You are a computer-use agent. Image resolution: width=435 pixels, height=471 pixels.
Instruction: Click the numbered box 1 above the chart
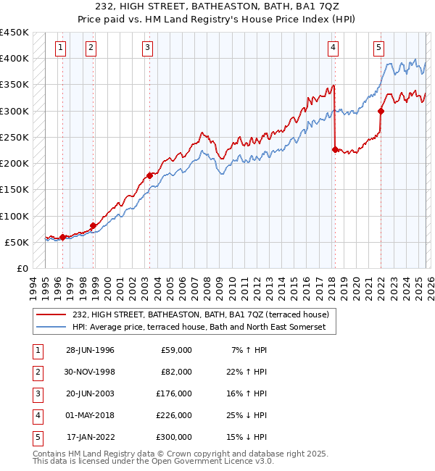[x=59, y=49]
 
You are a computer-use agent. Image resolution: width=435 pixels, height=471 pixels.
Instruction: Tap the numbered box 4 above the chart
[x=333, y=49]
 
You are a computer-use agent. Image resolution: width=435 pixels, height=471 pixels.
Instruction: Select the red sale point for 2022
[x=381, y=111]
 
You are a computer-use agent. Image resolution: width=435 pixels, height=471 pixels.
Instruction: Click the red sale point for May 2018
[x=335, y=150]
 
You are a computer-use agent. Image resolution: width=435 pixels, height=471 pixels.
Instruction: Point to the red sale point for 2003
[x=149, y=175]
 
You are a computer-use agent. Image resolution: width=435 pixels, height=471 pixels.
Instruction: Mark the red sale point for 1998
[x=93, y=225]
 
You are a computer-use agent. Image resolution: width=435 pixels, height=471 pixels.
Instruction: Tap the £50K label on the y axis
[x=17, y=242]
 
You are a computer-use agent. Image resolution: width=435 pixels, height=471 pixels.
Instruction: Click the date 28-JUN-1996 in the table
[x=90, y=350]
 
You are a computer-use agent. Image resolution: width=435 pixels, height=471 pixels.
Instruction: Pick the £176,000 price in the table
[x=174, y=393]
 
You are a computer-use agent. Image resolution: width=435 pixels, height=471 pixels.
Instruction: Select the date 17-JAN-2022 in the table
[x=90, y=437]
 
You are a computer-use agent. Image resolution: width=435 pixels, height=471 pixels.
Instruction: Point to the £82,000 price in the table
[x=176, y=372]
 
